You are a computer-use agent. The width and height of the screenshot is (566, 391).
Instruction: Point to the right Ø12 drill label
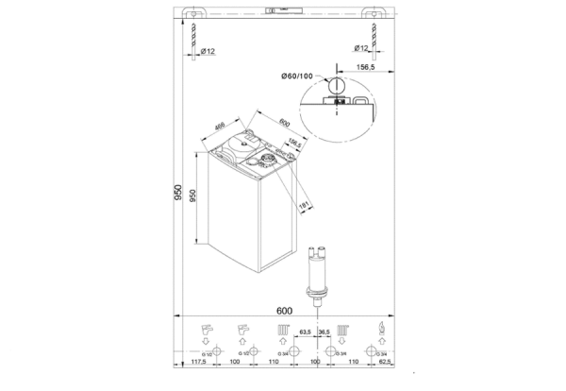pos(359,48)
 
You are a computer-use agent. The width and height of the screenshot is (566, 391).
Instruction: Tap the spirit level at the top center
pos(284,11)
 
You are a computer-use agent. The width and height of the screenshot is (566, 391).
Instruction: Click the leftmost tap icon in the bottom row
pos(209,331)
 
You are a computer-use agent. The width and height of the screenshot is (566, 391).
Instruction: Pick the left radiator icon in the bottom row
pos(284,331)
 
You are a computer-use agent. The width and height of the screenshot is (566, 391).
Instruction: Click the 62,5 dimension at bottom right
pos(382,362)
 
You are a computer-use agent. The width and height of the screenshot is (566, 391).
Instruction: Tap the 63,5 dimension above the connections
pos(305,333)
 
